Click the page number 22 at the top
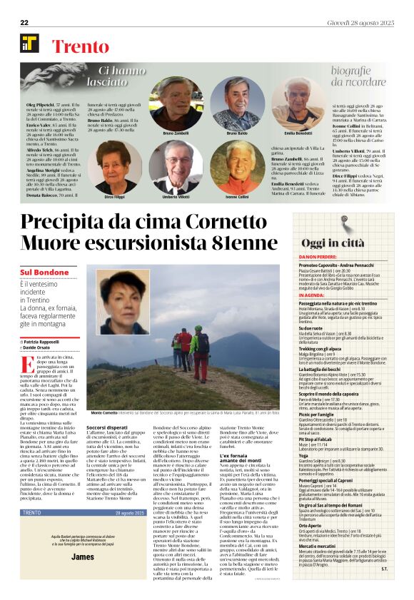click(x=24, y=23)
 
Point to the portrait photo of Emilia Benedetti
click(x=298, y=103)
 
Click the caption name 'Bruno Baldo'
click(x=236, y=133)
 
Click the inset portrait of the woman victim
click(x=123, y=302)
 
